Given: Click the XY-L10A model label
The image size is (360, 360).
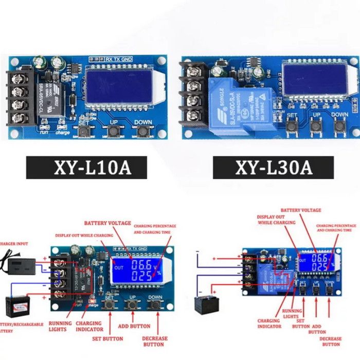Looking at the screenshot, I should pos(86,168).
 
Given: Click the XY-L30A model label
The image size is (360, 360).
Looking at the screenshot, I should pos(273,168).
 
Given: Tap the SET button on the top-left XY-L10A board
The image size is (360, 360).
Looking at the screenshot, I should pos(84,132).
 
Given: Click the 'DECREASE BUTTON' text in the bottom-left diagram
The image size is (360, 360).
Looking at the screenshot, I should pos(155,341).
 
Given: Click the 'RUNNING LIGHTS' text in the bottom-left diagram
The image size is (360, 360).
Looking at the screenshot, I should pos(60,326).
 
